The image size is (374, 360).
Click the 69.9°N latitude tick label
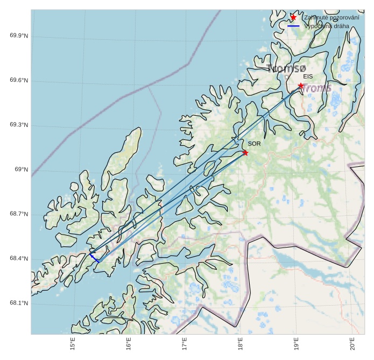pyautogui.click(x=19, y=36)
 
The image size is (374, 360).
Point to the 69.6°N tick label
pyautogui.click(x=19, y=81)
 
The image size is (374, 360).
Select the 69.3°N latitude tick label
pyautogui.click(x=19, y=125)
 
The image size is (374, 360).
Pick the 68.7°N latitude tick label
pyautogui.click(x=19, y=215)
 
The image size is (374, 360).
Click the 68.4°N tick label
pyautogui.click(x=19, y=259)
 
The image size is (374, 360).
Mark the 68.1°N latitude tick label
pyautogui.click(x=19, y=303)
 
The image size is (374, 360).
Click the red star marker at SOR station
pyautogui.click(x=245, y=153)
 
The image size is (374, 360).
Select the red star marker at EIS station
pyautogui.click(x=301, y=86)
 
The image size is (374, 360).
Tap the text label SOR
pyautogui.click(x=254, y=144)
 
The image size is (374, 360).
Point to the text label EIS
pyautogui.click(x=307, y=76)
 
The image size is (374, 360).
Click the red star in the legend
pyautogui.click(x=293, y=17)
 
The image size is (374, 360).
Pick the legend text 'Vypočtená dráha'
pyautogui.click(x=327, y=26)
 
